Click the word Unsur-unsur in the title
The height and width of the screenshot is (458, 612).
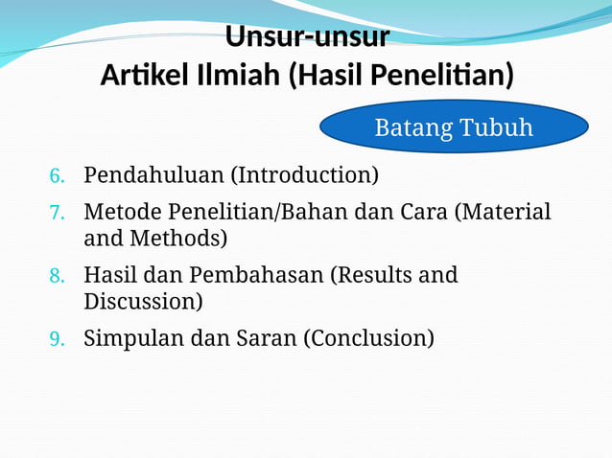click(x=307, y=36)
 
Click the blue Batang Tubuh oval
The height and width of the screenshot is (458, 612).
click(x=453, y=127)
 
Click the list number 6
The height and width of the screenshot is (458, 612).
click(x=57, y=176)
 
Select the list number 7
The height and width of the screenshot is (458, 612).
click(x=57, y=212)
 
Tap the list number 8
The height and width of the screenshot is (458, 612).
click(x=57, y=277)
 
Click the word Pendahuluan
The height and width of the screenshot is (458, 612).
click(x=153, y=175)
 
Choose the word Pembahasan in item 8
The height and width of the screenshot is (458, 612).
click(x=254, y=276)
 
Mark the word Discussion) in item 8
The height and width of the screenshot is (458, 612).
click(x=143, y=302)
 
